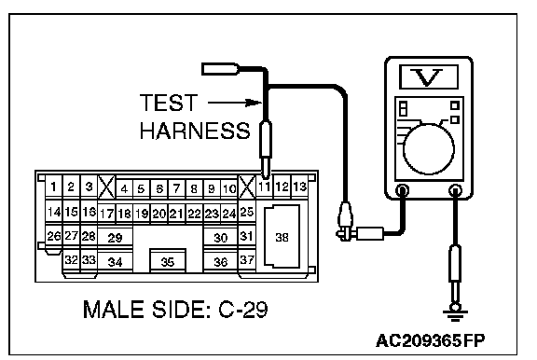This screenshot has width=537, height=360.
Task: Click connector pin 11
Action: pyautogui.click(x=264, y=187)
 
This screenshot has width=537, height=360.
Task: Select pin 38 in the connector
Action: pyautogui.click(x=282, y=237)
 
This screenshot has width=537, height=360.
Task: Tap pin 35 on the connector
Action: pyautogui.click(x=168, y=261)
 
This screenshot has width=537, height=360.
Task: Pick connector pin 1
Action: pyautogui.click(x=54, y=187)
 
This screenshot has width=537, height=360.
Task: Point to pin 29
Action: pyautogui.click(x=115, y=237)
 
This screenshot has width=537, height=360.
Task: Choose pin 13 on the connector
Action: pyautogui.click(x=299, y=187)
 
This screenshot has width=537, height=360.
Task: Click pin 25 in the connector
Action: pyautogui.click(x=246, y=212)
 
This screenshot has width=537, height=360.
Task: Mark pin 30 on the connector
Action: pyautogui.click(x=220, y=237)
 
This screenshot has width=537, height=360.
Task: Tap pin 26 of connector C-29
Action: pyautogui.click(x=54, y=236)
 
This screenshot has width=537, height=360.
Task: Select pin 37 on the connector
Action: pyautogui.click(x=246, y=260)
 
